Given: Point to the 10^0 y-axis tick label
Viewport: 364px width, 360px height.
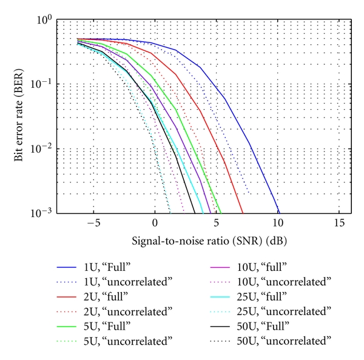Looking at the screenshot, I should (44, 21).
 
